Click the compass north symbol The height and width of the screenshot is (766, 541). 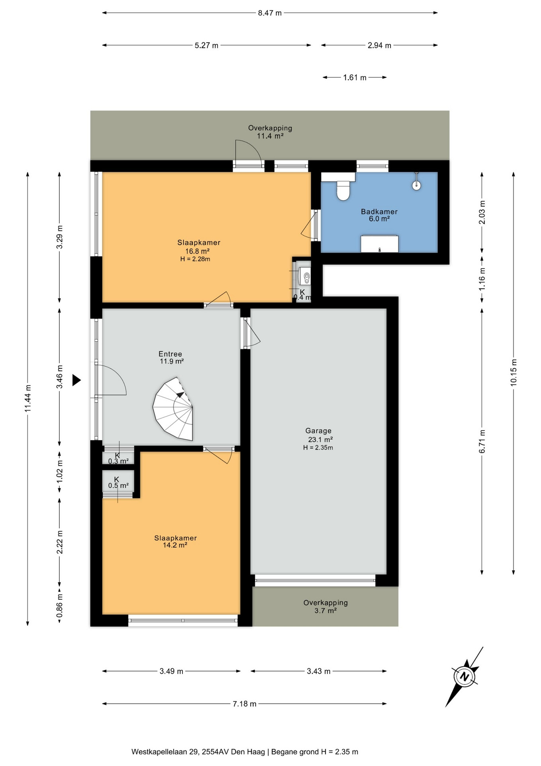click(465, 677)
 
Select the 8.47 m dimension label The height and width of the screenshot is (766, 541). click(270, 13)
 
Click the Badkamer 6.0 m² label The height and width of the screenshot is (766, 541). click(379, 215)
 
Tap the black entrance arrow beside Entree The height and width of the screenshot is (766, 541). click(76, 380)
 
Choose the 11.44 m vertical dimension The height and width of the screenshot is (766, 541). click(27, 399)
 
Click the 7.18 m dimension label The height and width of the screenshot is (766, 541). click(245, 704)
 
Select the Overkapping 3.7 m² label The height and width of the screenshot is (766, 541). click(325, 606)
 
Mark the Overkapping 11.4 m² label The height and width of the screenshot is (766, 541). click(270, 132)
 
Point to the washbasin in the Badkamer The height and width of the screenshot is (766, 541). click(379, 244)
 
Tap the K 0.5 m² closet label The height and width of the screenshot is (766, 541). click(118, 482)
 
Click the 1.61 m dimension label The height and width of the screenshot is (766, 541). click(355, 77)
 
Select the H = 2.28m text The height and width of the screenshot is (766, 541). click(195, 259)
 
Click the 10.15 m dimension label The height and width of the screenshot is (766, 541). click(514, 372)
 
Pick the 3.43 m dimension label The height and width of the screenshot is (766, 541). click(319, 671)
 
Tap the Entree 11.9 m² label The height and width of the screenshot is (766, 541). click(171, 357)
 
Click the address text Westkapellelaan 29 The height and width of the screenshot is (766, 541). click(165, 752)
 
